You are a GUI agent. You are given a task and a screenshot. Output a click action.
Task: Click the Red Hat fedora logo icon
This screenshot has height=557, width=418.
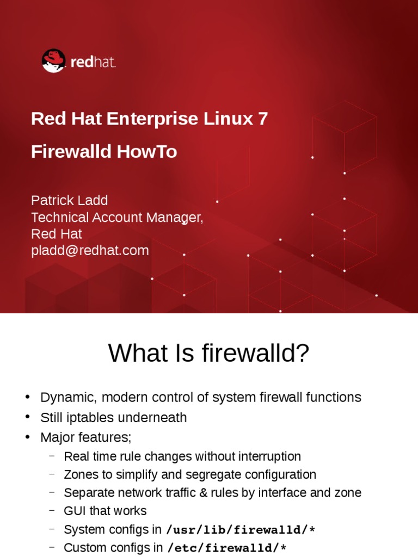[54, 61]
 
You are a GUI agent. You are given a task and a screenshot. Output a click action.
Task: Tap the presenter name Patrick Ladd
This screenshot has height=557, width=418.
[69, 200]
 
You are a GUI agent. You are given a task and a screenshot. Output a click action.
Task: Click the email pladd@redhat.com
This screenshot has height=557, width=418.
[90, 250]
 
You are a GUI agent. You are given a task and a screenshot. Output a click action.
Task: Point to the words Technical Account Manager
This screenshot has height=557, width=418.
[116, 218]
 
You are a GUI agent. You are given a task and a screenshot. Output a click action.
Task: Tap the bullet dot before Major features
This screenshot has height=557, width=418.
[28, 437]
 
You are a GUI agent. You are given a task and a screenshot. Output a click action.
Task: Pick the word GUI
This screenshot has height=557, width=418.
[75, 511]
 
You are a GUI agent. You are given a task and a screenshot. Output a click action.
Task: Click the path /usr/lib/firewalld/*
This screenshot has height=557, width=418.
[240, 530]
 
